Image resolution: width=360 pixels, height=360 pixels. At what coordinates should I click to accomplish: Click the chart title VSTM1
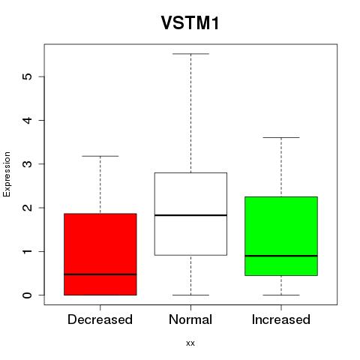point(190,22)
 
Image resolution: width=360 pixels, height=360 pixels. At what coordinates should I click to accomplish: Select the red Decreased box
point(100,254)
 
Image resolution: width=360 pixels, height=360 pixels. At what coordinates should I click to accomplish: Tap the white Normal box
point(190,214)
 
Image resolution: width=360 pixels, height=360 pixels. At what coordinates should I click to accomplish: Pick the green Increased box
point(281,236)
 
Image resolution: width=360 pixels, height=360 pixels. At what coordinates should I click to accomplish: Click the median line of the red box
point(100,274)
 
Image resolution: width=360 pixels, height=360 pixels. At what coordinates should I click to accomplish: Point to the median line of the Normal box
point(190,215)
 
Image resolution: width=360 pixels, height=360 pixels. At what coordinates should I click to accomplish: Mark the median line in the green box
point(281,256)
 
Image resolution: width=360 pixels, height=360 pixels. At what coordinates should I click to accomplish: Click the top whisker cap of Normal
point(190,54)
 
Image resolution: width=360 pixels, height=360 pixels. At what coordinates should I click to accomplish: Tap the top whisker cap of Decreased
point(100,156)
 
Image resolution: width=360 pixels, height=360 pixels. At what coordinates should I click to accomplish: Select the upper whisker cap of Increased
point(281,137)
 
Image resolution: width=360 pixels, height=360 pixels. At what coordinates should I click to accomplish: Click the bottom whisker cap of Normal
point(190,295)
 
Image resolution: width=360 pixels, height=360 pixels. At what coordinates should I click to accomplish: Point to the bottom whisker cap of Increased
point(281,295)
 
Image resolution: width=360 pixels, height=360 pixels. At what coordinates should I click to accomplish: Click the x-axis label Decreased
point(100,319)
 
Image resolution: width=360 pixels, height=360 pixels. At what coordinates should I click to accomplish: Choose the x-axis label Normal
point(190,319)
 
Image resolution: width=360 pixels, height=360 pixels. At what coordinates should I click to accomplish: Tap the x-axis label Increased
point(281,319)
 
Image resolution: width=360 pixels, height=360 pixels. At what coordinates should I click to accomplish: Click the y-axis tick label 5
point(28,76)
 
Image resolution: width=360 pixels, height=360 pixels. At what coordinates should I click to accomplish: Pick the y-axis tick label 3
point(28,163)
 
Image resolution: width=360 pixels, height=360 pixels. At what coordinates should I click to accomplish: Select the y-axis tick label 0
point(28,295)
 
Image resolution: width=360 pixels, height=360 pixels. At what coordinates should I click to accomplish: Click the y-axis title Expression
point(7,174)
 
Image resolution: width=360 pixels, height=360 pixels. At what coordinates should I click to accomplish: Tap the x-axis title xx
point(190,343)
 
